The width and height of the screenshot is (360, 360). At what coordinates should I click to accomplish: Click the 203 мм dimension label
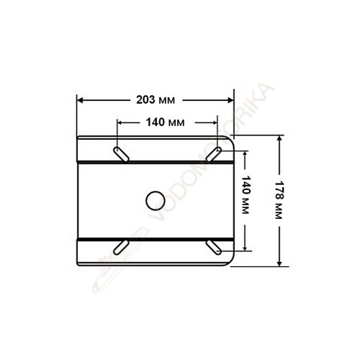pyautogui.click(x=156, y=100)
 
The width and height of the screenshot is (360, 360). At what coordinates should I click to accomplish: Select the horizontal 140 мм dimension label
pyautogui.click(x=166, y=122)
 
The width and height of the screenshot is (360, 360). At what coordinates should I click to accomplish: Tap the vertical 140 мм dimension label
pyautogui.click(x=246, y=194)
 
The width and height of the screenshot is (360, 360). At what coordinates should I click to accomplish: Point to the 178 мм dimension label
pyautogui.click(x=279, y=199)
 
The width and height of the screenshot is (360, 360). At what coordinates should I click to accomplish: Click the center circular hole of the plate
pyautogui.click(x=156, y=201)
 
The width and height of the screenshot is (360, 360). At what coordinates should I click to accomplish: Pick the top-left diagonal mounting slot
pyautogui.click(x=121, y=154)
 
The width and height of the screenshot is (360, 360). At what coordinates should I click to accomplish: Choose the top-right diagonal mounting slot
pyautogui.click(x=214, y=154)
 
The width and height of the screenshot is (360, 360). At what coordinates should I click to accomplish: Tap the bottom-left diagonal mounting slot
pyautogui.click(x=121, y=247)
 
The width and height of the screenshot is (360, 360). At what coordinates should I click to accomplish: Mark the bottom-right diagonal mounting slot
pyautogui.click(x=214, y=247)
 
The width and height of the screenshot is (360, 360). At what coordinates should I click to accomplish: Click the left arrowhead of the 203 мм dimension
pyautogui.click(x=80, y=100)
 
